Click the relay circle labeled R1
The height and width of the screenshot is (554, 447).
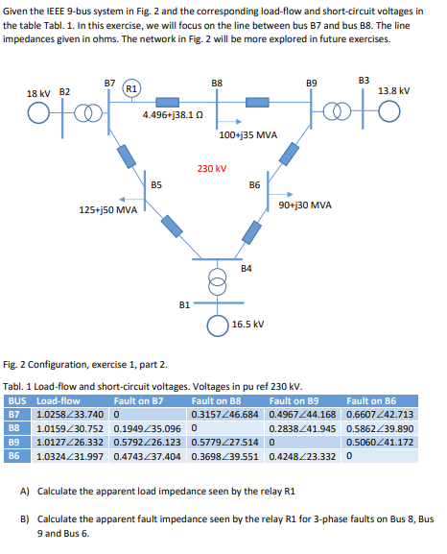[x=132, y=89]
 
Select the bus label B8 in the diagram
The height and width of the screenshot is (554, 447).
[x=218, y=84]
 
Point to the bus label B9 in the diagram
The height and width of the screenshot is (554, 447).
[x=312, y=84]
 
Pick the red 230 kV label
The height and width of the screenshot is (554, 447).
[x=211, y=168]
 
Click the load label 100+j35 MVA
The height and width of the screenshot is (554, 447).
[x=248, y=135]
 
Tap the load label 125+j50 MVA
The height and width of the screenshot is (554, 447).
[x=106, y=208]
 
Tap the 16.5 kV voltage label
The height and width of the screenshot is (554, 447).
[x=247, y=324]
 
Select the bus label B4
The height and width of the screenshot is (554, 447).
[x=247, y=267]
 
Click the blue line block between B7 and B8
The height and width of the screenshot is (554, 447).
[x=167, y=98]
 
